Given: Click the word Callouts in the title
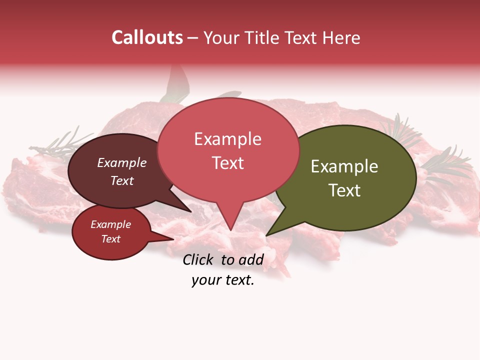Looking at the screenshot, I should [147, 38].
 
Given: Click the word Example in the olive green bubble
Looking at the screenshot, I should [344, 166].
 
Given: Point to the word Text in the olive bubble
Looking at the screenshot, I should [344, 190].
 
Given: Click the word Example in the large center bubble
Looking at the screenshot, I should [227, 139].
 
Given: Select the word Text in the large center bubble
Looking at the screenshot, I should [227, 163].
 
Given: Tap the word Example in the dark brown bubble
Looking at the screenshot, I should [121, 162].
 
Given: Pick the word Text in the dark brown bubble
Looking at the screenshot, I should [121, 180].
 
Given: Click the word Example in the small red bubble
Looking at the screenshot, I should [110, 224].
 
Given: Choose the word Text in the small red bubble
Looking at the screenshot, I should [110, 239].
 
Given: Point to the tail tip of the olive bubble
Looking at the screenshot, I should [266, 235].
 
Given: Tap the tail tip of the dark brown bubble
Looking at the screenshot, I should [190, 211].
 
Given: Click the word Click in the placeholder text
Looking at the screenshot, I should [199, 259].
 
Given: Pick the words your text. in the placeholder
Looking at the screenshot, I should [223, 280].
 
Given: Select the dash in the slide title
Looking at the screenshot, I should [193, 38].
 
